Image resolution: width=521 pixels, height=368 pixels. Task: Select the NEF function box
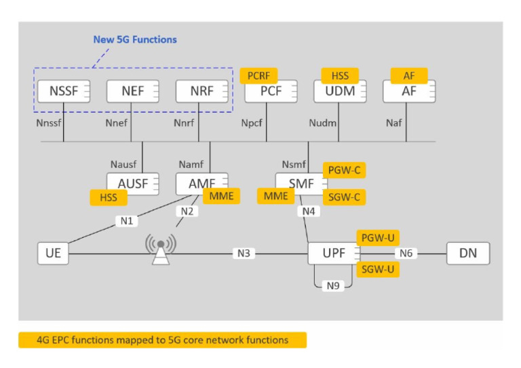coord(133,91)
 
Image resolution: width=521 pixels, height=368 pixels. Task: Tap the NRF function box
coord(202,91)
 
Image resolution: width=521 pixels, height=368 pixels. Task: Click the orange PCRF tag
coord(258,75)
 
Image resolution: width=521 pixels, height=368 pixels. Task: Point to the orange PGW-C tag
coord(344,170)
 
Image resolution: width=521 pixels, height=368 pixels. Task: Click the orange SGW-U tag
coord(377,269)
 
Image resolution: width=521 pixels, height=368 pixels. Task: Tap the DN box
coord(467,253)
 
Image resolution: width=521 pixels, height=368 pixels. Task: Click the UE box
coord(54,253)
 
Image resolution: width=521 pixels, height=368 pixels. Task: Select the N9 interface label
coord(333,285)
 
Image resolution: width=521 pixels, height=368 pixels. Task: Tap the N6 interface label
coord(406,253)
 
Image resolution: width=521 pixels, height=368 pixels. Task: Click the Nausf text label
coord(123,163)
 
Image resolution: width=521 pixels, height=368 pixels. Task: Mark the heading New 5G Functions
coord(135,39)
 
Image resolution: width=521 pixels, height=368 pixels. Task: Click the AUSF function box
coord(132,183)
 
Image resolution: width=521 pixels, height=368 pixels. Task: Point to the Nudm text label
coord(322,124)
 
